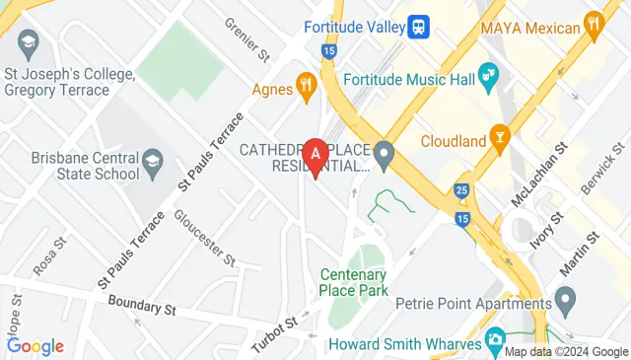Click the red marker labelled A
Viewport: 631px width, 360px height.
pos(315,156)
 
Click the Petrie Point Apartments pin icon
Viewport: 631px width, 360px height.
pos(565,297)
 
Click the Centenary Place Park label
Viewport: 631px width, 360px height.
pos(354,283)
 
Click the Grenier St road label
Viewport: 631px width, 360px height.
pos(246,36)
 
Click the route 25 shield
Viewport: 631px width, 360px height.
pos(461,188)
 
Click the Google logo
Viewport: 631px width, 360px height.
pos(35,346)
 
